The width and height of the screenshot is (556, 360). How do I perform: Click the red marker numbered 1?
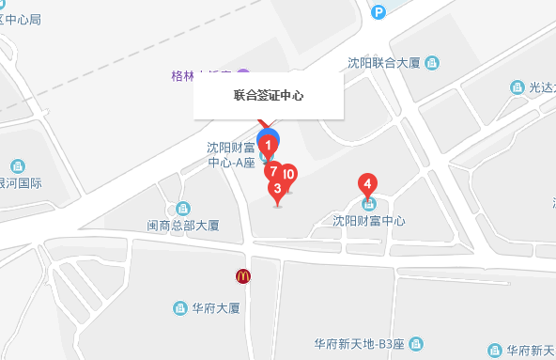pyautogui.click(x=269, y=146)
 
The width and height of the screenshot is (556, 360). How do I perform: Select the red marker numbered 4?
pyautogui.click(x=369, y=183)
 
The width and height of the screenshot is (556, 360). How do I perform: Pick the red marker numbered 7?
pyautogui.click(x=272, y=171)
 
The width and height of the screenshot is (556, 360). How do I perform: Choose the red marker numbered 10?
pyautogui.click(x=288, y=174)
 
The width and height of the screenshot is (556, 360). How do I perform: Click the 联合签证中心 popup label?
pyautogui.click(x=269, y=96)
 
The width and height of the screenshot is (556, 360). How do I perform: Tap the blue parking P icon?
pyautogui.click(x=378, y=11)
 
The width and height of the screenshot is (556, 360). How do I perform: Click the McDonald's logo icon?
pyautogui.click(x=242, y=276)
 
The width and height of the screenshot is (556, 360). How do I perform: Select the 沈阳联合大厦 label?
pyautogui.click(x=383, y=63)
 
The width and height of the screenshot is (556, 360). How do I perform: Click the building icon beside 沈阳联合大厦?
pyautogui.click(x=432, y=63)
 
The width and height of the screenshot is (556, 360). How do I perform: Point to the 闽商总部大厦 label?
pyautogui.click(x=183, y=226)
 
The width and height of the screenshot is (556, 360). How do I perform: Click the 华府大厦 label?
pyautogui.click(x=218, y=307)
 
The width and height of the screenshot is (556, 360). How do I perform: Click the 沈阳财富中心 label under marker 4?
pyautogui.click(x=369, y=221)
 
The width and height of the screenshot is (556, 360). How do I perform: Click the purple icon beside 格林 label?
pyautogui.click(x=244, y=74)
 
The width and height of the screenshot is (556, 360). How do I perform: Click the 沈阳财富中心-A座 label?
pyautogui.click(x=231, y=154)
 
